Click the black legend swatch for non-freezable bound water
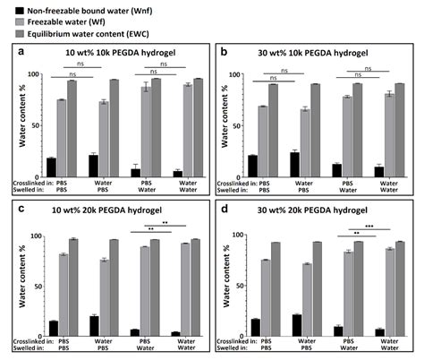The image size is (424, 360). coord(20,11)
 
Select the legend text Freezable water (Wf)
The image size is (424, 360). coord(66,22)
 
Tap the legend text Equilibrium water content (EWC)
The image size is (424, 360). coord(89,34)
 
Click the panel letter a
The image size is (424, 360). coord(21,52)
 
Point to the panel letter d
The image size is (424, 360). coord(225,209)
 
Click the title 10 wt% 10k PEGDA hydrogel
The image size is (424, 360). coord(121,53)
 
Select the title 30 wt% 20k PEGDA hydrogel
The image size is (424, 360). coord(312,210)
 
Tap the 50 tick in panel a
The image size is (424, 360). coord(35,125)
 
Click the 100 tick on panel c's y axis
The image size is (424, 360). coord(37,236)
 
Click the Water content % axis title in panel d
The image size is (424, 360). coord(226,276)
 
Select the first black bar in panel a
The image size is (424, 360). coord(51,167)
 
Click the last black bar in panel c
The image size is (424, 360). coord(175,334)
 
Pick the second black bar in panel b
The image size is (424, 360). coord(294,165)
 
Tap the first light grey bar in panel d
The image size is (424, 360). coord(266,298)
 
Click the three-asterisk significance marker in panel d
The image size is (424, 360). coord(369,227)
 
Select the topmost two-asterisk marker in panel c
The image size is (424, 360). coord(165,222)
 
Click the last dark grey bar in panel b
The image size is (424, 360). coord(400,131)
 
